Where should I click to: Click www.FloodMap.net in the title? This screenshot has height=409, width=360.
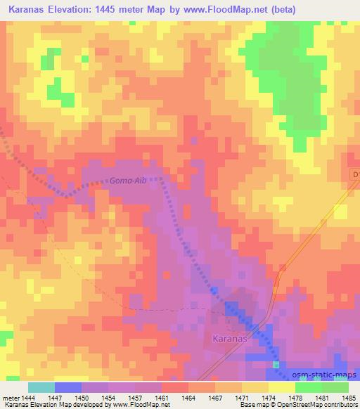pos(228,10)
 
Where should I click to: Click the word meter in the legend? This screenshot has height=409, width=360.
pos(9,398)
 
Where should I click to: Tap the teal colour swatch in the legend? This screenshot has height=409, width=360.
pos(41,387)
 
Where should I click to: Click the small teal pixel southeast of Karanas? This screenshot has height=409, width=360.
pos(276,365)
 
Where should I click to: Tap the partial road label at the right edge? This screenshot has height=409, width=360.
pos(355,174)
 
